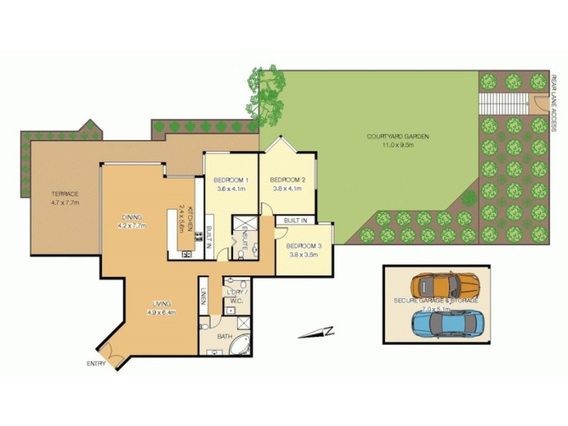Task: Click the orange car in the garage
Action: [x=446, y=285]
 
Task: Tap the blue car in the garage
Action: [x=446, y=322]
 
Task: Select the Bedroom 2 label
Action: [x=288, y=180]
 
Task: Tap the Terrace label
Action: [x=64, y=194]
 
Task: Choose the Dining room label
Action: [x=132, y=217]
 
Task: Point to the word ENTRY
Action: [x=96, y=364]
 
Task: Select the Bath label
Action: [x=225, y=337]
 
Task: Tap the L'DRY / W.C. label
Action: [x=235, y=296]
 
